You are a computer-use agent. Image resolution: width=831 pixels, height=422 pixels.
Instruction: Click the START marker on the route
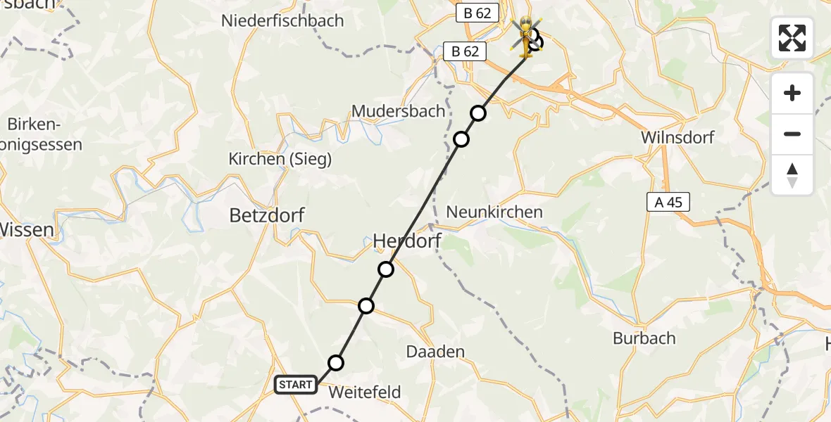(x=295, y=385)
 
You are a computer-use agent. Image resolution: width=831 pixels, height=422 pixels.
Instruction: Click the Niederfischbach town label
(x=282, y=20)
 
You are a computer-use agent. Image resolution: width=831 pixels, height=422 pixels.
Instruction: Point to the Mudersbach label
(x=398, y=111)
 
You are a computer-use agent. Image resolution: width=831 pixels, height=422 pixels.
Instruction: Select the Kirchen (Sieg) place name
(x=280, y=160)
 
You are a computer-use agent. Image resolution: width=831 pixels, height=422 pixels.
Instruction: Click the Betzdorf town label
(x=267, y=215)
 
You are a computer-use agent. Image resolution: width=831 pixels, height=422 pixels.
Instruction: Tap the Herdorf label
(x=406, y=241)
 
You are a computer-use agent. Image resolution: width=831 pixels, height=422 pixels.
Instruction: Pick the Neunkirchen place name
(x=494, y=212)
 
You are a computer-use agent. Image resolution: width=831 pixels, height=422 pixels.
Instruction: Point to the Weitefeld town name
(x=365, y=392)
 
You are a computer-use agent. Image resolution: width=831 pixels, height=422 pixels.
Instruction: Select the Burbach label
(x=644, y=338)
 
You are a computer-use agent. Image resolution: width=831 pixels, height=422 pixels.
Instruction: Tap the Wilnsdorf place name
(x=677, y=137)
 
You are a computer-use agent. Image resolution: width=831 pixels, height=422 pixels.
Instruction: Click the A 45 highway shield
(x=668, y=203)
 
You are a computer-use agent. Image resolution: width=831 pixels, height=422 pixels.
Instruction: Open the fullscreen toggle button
(x=792, y=38)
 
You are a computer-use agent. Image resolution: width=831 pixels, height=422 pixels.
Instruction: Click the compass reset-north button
(x=792, y=175)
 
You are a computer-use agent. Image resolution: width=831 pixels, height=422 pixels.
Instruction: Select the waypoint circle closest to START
(x=336, y=363)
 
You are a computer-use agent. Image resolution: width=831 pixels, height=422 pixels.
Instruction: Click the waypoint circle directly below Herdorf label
(x=386, y=269)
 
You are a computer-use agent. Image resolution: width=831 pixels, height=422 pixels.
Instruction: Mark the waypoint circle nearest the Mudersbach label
(x=461, y=139)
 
